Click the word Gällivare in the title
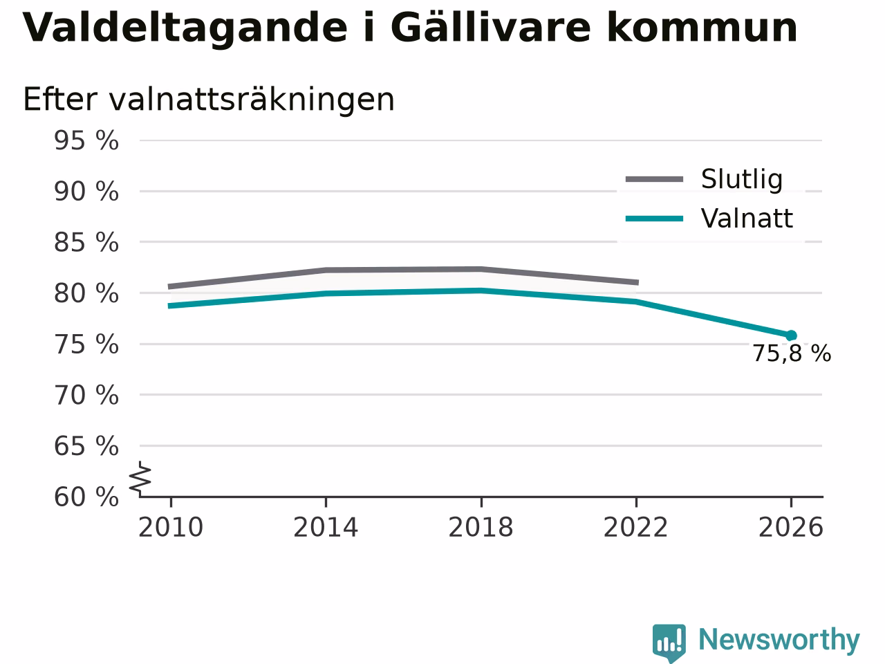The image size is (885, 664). [491, 27]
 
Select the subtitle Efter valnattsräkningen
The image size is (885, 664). [209, 100]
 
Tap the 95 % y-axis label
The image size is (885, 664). [86, 140]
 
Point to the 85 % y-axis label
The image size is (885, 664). [86, 242]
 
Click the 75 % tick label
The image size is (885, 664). [86, 344]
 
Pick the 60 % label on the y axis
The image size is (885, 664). [86, 497]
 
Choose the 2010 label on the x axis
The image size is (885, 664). [171, 527]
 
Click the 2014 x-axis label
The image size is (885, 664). [326, 527]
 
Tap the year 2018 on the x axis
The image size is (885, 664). [481, 527]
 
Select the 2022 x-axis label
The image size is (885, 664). [636, 527]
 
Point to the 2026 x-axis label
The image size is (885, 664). [791, 527]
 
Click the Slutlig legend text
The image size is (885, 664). [742, 179]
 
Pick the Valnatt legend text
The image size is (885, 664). [747, 219]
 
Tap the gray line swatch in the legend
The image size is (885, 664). [654, 179]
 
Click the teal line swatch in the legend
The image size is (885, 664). [654, 219]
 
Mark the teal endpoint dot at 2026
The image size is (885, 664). [791, 335]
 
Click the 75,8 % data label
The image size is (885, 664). [792, 353]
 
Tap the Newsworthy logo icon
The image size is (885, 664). [669, 643]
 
